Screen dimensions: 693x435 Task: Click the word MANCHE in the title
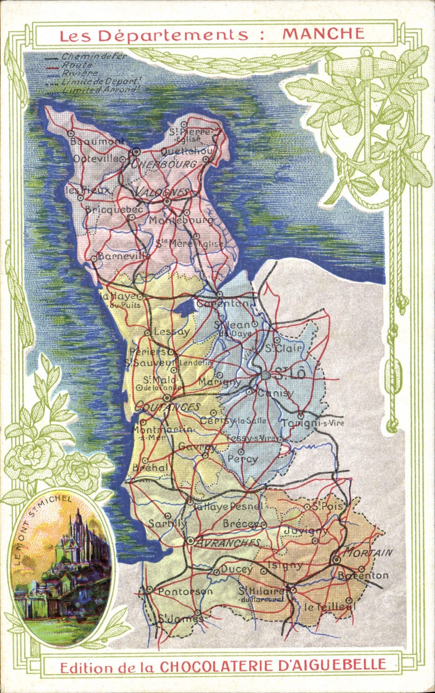point(323,34)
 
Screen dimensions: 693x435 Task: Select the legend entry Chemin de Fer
point(94,56)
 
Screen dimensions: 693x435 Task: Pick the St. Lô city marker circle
point(265,375)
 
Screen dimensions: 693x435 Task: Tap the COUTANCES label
point(167,407)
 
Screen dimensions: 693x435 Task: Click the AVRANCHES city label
point(228,543)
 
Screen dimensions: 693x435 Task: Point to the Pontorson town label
point(185,591)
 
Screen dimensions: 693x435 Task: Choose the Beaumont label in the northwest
point(98,141)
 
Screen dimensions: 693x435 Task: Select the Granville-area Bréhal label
point(150,467)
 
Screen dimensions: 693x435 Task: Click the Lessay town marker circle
point(148,333)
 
